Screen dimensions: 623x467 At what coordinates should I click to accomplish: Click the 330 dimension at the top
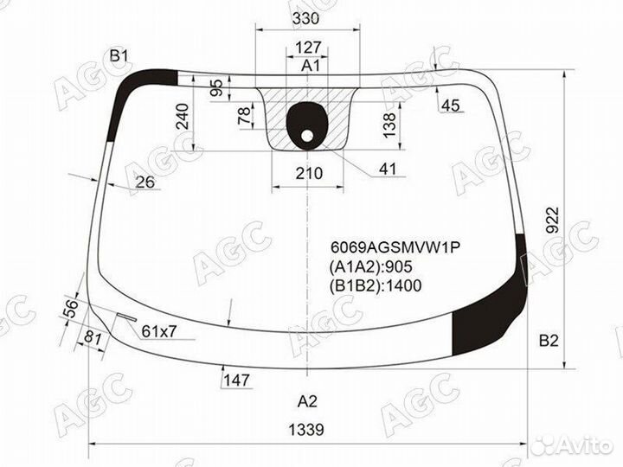click(x=305, y=18)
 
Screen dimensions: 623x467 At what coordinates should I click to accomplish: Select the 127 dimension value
click(x=308, y=48)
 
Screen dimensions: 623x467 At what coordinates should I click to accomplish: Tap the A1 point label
click(x=310, y=65)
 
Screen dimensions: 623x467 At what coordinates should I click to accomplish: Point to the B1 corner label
click(x=119, y=56)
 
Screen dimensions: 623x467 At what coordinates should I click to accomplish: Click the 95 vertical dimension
click(x=216, y=88)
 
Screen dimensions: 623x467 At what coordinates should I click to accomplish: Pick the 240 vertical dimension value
click(x=183, y=117)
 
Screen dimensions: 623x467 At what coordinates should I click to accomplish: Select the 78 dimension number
click(x=245, y=115)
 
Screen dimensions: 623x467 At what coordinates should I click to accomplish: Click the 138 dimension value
click(x=389, y=125)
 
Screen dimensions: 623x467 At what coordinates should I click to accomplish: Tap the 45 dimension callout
click(x=450, y=106)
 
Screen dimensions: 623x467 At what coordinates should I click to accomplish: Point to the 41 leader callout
click(x=388, y=170)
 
